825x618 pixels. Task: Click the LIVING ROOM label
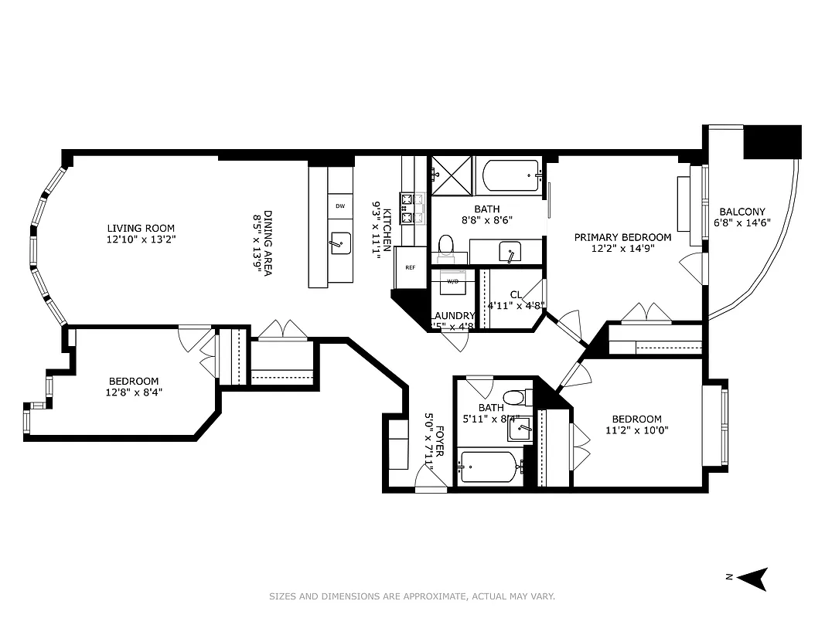coord(141,228)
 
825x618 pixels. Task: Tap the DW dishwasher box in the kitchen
coord(339,206)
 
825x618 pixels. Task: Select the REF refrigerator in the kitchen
coord(411,267)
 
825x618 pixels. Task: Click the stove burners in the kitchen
coord(414,207)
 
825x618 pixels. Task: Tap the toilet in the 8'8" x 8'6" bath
coord(445,246)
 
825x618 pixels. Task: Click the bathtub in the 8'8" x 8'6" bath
coord(510,176)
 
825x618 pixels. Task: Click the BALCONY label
coord(742,212)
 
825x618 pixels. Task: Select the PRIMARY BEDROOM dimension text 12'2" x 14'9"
coord(622,250)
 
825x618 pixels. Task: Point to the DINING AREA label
coord(268,243)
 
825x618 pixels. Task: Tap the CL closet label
coord(516,294)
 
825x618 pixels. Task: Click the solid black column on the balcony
coord(772,141)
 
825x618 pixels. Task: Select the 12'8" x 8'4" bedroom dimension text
coord(135,392)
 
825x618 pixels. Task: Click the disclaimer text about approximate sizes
coord(412,596)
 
